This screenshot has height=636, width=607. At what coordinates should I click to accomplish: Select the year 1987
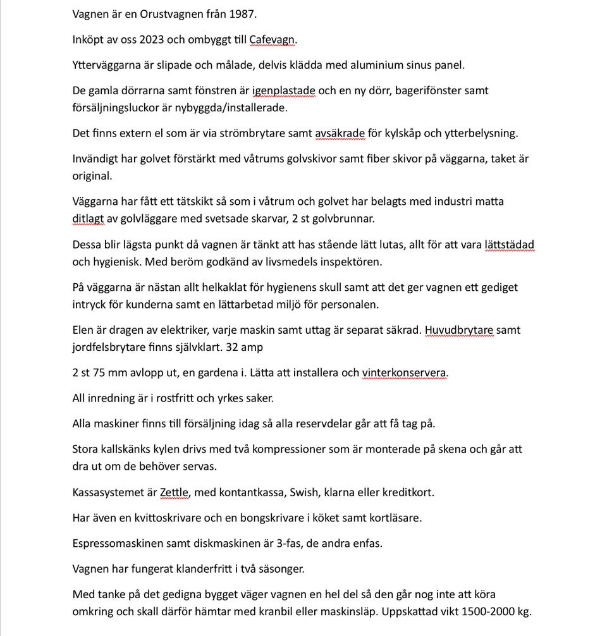click(242, 14)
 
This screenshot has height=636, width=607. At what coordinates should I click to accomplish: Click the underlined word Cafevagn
click(272, 39)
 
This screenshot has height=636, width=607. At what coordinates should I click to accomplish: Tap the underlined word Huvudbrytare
click(459, 329)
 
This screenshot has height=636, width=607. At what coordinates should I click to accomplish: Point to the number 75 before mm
click(102, 372)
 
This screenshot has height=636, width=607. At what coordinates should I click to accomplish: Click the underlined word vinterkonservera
click(404, 372)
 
